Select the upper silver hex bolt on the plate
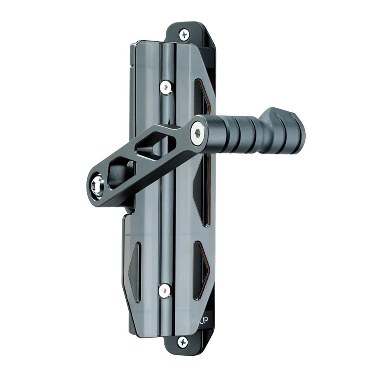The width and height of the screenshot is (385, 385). pos(165,86)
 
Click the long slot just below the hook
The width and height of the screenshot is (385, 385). pos(200,193)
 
